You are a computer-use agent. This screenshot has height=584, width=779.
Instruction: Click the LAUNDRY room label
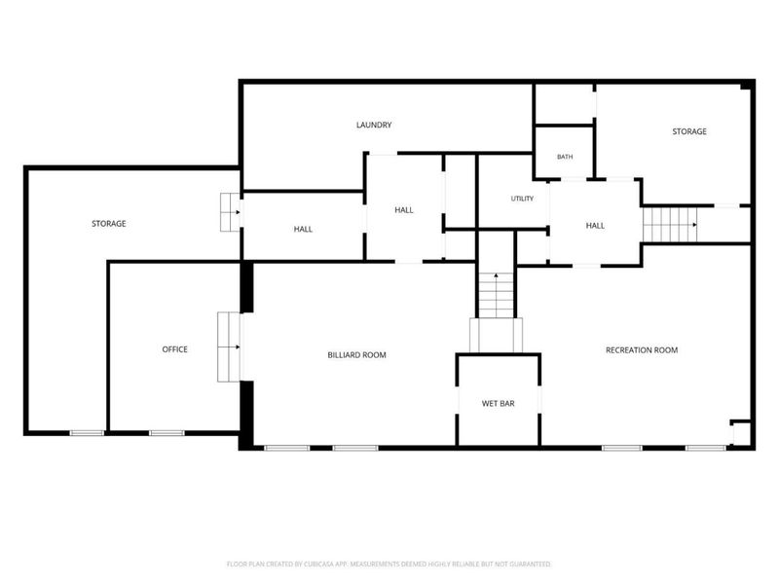[x=374, y=125]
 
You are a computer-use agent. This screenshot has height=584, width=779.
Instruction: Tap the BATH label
[x=565, y=157]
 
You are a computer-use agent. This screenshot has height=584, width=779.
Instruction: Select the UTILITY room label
[x=522, y=199]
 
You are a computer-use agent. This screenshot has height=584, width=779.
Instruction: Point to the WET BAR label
[x=498, y=403]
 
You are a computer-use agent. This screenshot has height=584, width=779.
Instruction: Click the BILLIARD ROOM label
[x=356, y=354]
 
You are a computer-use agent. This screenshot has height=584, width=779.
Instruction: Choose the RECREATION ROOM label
[x=642, y=349]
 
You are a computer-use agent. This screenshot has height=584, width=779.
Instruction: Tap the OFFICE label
[x=175, y=349]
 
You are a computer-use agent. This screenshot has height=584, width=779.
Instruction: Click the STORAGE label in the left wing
[x=109, y=224]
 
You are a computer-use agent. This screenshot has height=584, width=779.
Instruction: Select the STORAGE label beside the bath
[x=689, y=131]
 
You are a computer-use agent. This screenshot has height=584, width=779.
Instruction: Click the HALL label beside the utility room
[x=595, y=226]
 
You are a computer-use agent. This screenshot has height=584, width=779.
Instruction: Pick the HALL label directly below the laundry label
[x=404, y=210]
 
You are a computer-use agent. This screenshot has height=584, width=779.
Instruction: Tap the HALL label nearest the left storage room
[x=303, y=229]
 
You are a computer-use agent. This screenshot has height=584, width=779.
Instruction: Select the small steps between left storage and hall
[x=231, y=212]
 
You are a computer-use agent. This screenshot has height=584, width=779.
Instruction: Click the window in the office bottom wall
[x=167, y=433]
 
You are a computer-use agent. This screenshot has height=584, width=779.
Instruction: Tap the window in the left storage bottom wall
[x=87, y=433]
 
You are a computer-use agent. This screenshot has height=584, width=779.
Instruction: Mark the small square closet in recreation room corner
[x=742, y=433]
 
